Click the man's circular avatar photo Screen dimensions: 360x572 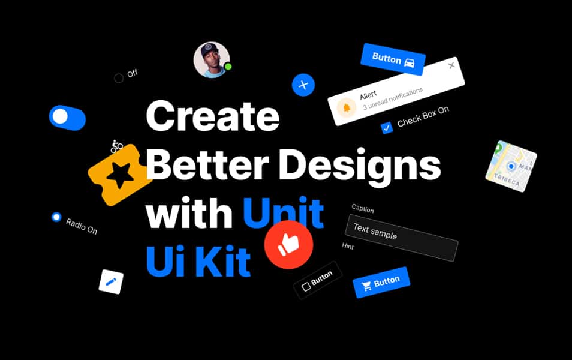tap(212, 59)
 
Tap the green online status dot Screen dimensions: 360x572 tap(228, 67)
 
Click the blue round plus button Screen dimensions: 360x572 tap(303, 85)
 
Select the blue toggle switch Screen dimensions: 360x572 tap(67, 118)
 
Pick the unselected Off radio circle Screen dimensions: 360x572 tap(119, 78)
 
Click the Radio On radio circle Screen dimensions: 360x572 tap(56, 217)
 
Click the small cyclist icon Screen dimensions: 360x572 tap(117, 145)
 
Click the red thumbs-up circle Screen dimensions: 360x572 tap(289, 244)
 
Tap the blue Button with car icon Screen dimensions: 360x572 tap(393, 59)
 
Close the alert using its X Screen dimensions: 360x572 tap(451, 66)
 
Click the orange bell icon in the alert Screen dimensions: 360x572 tap(345, 108)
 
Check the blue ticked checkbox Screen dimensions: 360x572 tap(387, 127)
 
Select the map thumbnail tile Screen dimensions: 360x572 tap(511, 167)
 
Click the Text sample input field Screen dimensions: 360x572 tap(402, 237)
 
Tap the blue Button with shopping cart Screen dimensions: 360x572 tap(381, 282)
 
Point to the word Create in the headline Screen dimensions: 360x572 tap(212, 116)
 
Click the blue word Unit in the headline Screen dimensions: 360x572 tap(284, 214)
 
